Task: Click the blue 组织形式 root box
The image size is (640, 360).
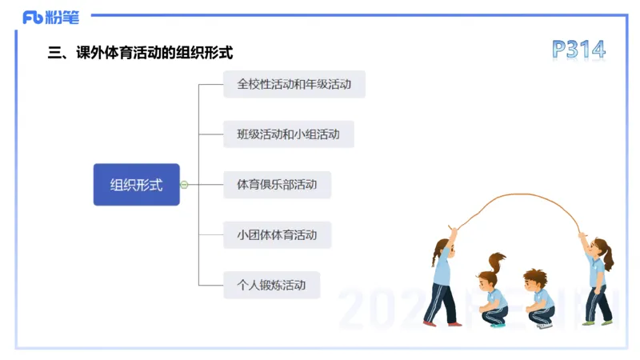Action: click(x=136, y=185)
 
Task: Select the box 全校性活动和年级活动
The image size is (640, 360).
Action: click(x=294, y=83)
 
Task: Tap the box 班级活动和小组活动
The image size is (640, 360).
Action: click(x=288, y=134)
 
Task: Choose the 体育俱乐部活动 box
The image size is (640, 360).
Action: click(x=277, y=184)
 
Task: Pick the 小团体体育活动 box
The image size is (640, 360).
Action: click(x=277, y=234)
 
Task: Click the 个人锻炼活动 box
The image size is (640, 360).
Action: click(x=271, y=285)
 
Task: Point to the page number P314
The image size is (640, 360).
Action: click(x=578, y=50)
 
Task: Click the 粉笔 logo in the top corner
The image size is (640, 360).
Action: click(x=50, y=17)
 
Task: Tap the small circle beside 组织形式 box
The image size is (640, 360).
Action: click(x=184, y=185)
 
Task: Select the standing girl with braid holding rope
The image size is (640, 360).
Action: click(x=442, y=276)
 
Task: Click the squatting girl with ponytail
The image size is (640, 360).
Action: click(x=491, y=292)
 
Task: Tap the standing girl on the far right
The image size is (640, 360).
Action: click(x=598, y=276)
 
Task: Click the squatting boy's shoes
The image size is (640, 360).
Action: click(x=545, y=325)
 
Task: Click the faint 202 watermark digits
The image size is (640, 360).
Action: click(x=376, y=308)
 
